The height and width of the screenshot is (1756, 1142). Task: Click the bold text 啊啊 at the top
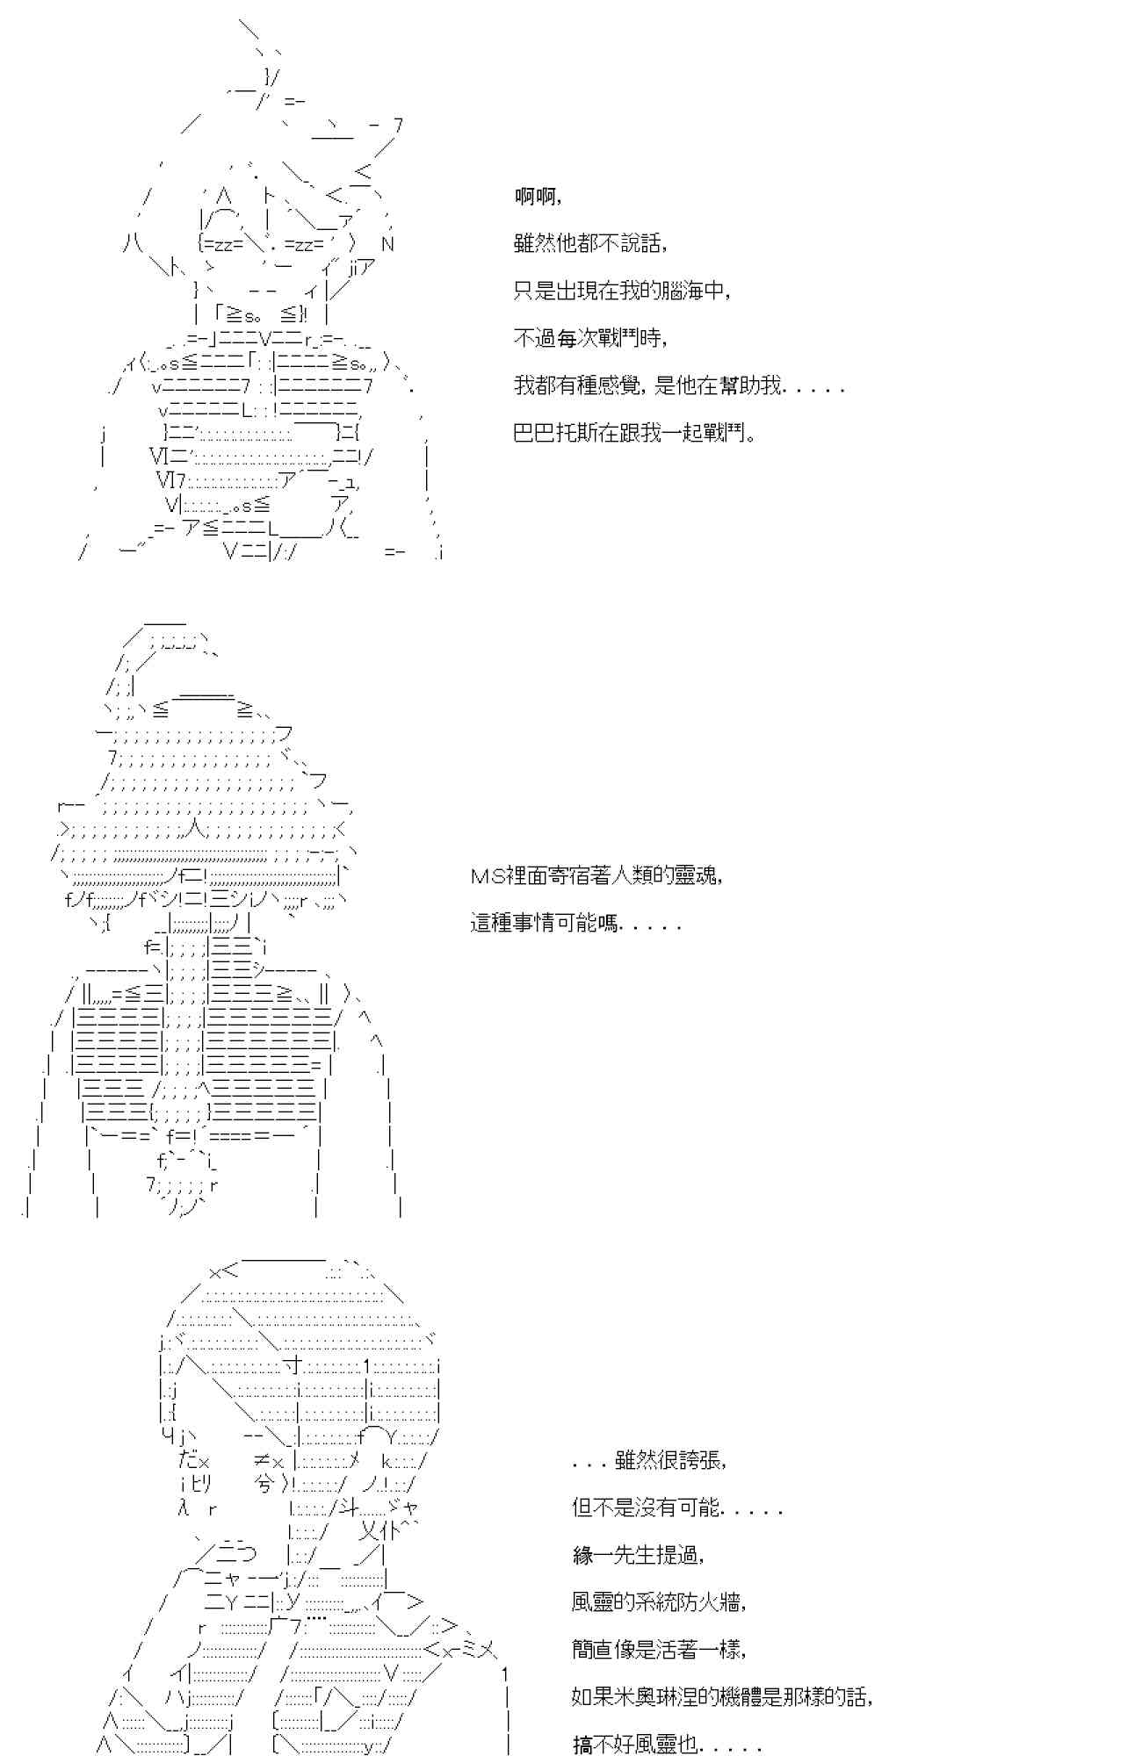click(536, 197)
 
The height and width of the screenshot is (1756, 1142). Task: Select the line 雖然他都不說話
click(589, 243)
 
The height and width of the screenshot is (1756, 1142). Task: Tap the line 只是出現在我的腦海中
click(621, 291)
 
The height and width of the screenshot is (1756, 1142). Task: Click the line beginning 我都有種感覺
click(678, 385)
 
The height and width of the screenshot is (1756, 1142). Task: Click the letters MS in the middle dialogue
click(486, 875)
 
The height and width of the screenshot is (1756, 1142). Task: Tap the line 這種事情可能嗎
click(575, 923)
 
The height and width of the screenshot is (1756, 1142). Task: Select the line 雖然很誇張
click(649, 1460)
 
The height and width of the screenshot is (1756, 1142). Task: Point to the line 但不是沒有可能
click(676, 1508)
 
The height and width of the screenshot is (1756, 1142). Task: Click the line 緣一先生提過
click(638, 1555)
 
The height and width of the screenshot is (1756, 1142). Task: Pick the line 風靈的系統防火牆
click(659, 1602)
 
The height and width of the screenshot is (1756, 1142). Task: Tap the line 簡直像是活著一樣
click(659, 1650)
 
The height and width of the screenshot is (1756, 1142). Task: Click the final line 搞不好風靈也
click(668, 1745)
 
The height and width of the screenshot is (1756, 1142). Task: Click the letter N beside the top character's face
click(387, 244)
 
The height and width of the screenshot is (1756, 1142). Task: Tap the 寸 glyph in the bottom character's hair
click(293, 1365)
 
